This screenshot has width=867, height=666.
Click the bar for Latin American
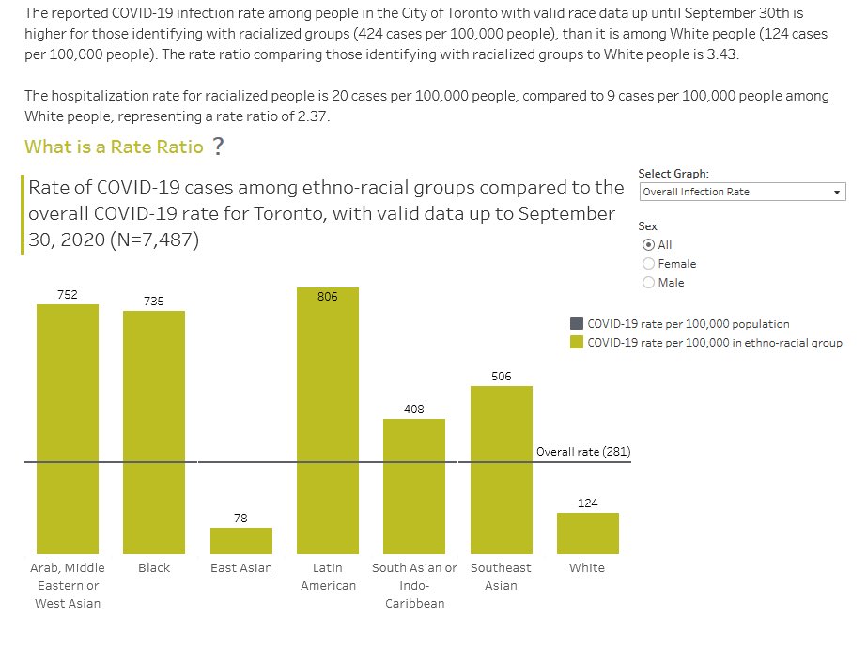click(327, 421)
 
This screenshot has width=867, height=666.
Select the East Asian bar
click(241, 541)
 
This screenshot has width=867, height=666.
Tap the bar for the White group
click(587, 534)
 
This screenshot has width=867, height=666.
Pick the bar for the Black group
click(154, 432)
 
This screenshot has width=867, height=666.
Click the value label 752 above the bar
click(68, 295)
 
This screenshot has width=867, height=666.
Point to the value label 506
click(501, 376)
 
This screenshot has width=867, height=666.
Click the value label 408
click(414, 410)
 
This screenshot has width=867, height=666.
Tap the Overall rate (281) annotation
click(582, 452)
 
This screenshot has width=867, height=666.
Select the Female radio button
click(649, 264)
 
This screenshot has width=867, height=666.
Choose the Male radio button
click(649, 283)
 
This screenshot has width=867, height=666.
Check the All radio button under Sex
click(649, 245)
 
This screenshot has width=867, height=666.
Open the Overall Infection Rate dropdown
click(742, 192)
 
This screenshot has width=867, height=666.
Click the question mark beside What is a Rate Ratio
click(218, 147)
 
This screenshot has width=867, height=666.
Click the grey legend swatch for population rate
click(577, 324)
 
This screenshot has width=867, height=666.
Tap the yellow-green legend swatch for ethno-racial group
click(577, 343)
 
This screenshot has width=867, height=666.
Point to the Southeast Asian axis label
click(501, 577)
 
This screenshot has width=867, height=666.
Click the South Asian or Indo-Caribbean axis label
click(414, 585)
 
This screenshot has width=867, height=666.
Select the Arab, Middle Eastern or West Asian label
click(68, 585)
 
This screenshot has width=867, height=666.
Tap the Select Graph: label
click(673, 174)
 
